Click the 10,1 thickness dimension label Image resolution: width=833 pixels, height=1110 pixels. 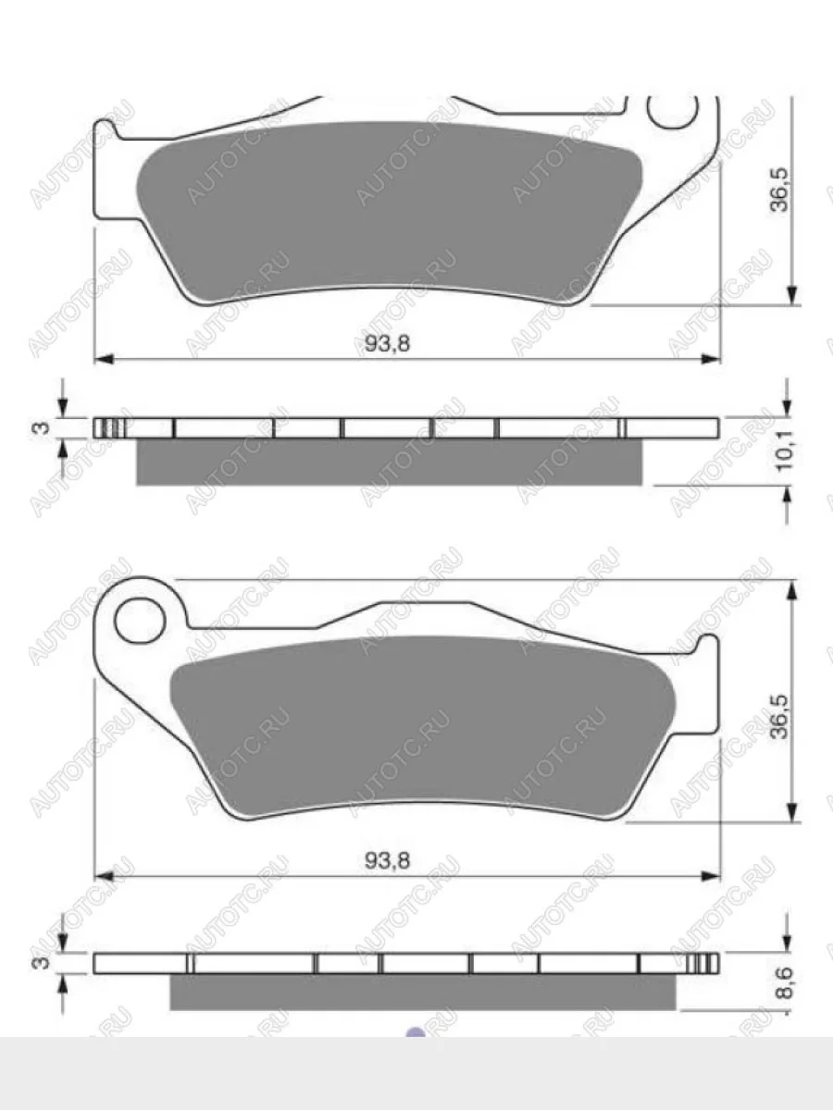[x=785, y=451]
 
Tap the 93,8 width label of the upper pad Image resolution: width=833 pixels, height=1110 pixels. [x=388, y=344]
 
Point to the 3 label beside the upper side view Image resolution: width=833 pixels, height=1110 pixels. [x=43, y=427]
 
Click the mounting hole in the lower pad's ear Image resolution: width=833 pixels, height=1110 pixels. [x=140, y=621]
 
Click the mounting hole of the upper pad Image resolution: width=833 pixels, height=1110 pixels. [x=673, y=111]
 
